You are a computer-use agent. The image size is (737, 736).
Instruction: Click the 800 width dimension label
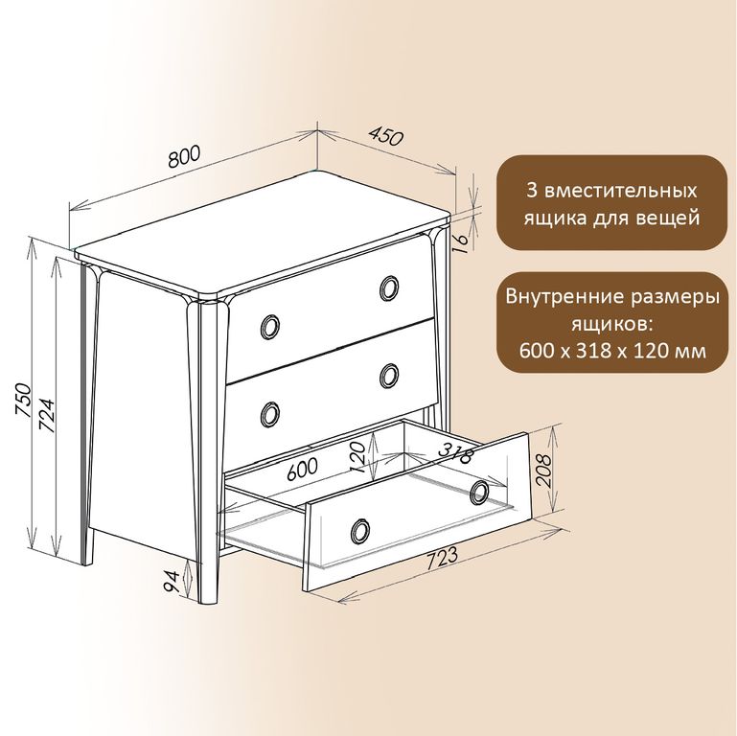[185, 156]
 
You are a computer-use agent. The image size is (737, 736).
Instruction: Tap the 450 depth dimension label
[385, 136]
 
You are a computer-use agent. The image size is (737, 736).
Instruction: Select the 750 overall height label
[23, 400]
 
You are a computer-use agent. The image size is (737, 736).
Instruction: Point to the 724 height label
[47, 416]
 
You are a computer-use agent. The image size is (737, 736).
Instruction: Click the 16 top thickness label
[462, 241]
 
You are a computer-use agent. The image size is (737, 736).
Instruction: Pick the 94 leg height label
[171, 582]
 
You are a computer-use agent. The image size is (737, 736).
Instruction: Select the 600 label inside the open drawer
[302, 468]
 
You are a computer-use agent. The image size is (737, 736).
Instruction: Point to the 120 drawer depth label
[357, 457]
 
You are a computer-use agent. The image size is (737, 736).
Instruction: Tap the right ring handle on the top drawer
[389, 287]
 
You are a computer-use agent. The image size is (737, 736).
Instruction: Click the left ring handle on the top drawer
[270, 326]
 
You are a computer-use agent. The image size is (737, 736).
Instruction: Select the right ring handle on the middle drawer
[389, 376]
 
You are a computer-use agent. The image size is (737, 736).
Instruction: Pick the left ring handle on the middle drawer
[270, 414]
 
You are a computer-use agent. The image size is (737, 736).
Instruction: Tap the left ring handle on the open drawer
[360, 531]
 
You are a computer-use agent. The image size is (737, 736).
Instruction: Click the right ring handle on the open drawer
[479, 492]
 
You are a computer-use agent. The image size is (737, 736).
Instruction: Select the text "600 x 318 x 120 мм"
[612, 351]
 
